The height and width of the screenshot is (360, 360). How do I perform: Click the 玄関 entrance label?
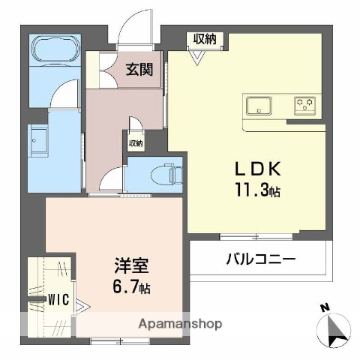[x=139, y=70]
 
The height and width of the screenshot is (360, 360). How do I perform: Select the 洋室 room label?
[x=131, y=266]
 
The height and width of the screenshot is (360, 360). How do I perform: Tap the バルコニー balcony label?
[x=261, y=259]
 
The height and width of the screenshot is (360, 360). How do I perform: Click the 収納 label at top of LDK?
[x=205, y=39]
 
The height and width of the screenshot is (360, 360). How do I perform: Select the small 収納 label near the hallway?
[x=135, y=142]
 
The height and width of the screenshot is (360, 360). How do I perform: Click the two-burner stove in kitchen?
[x=304, y=104]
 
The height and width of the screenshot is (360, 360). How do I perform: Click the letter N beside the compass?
[x=323, y=307]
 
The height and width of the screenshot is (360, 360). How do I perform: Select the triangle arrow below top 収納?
[x=199, y=61]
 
